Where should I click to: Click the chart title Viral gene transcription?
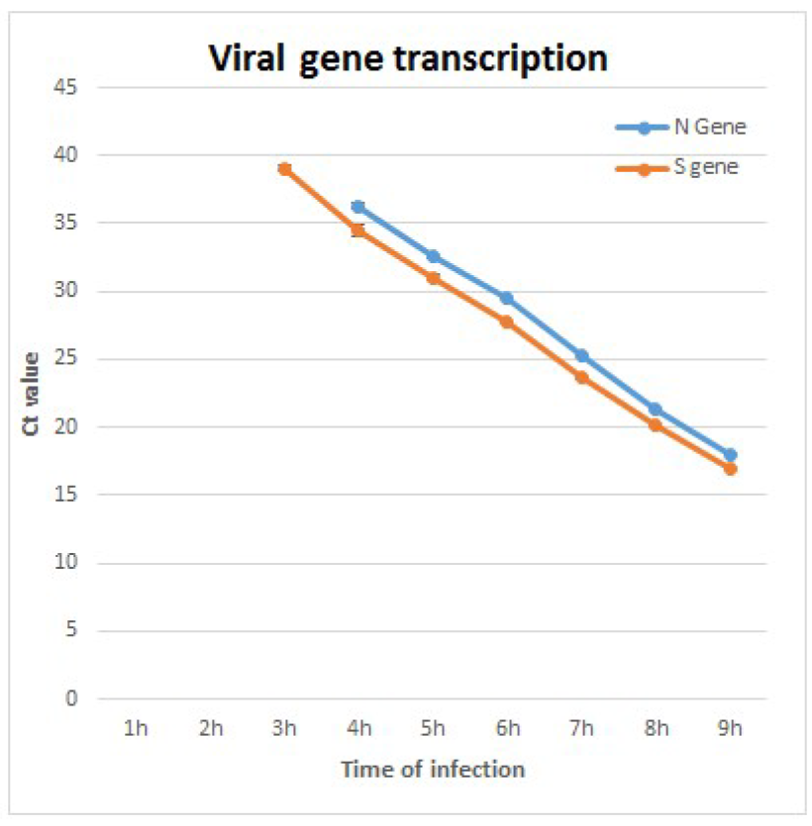coord(407,58)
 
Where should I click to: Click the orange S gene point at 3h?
coord(284,169)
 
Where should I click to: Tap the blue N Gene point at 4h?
coord(358,207)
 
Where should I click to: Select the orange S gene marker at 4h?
coord(358,230)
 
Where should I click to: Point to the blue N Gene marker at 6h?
coord(507,298)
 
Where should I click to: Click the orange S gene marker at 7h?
coord(581,377)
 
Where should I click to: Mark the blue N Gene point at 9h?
coord(730,455)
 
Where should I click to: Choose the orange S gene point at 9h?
coord(730,469)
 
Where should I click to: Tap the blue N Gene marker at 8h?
coord(656,410)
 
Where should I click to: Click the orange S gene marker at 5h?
coord(433,278)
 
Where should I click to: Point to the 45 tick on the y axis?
coord(67,87)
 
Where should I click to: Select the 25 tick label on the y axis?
coord(67,359)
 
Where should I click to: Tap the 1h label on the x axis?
coord(136,729)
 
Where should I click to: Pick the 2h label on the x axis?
coord(210,729)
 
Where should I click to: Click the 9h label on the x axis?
coord(730,729)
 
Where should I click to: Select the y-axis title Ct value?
coord(33,393)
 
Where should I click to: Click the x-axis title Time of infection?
coord(433,769)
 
